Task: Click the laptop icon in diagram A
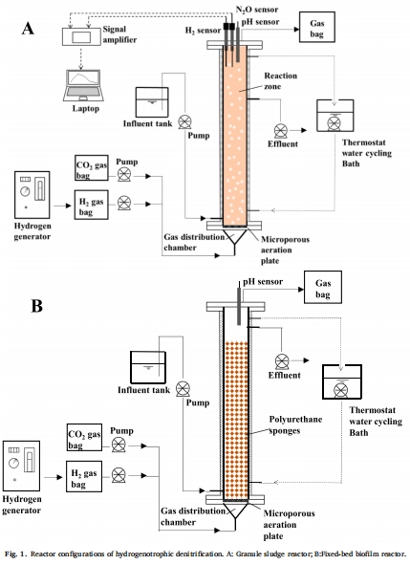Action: [83, 86]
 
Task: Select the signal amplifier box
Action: [81, 36]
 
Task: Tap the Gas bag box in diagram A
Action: [317, 27]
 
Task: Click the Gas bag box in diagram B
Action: [323, 288]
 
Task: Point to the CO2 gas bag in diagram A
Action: [92, 168]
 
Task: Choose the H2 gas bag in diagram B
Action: [84, 476]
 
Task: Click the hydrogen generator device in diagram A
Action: [32, 195]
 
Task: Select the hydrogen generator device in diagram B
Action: [21, 466]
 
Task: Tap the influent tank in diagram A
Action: [152, 102]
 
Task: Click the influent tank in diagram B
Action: [148, 367]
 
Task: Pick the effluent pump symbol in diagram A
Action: [281, 131]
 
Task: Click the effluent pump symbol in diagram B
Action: [282, 361]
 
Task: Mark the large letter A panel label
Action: [28, 28]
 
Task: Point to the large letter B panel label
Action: [36, 306]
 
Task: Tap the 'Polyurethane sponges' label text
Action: [295, 424]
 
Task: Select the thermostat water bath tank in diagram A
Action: [335, 116]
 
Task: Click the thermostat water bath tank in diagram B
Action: [341, 382]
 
